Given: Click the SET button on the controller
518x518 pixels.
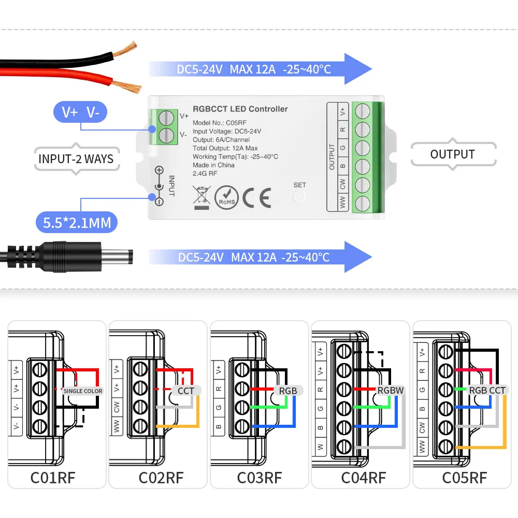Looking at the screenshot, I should [299, 195].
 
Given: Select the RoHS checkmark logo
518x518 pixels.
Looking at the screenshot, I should [226, 197].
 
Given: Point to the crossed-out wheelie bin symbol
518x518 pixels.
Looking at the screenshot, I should [200, 197].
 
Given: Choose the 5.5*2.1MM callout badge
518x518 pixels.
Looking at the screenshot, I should [77, 223].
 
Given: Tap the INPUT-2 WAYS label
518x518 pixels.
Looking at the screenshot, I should [76, 158].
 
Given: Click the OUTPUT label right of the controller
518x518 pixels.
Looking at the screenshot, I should [452, 154].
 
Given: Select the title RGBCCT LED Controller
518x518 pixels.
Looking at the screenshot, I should [240, 109].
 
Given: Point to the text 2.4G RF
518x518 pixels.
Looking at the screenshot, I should [205, 174].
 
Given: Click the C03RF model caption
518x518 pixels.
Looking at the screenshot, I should [259, 477].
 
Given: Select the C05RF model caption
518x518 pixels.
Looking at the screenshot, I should [464, 477].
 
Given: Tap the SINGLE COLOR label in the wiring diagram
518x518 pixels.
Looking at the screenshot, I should [83, 391].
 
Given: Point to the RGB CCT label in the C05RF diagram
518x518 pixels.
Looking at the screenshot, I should [487, 390].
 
